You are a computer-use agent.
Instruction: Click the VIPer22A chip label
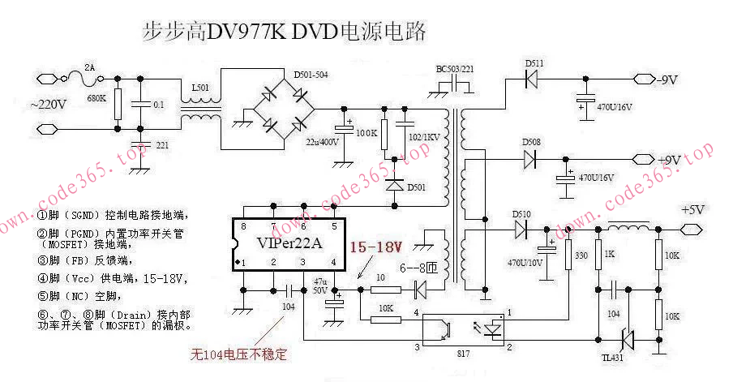289,244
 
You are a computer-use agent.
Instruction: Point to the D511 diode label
534,63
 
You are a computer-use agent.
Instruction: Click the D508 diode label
531,142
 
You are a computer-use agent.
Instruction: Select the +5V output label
693,209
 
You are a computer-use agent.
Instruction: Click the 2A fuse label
90,67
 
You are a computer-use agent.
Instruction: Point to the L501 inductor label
199,87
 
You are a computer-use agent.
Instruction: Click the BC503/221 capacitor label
456,68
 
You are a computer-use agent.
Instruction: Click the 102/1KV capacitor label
424,137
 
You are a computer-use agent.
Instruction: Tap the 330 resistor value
581,256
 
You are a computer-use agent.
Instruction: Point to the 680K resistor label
97,98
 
